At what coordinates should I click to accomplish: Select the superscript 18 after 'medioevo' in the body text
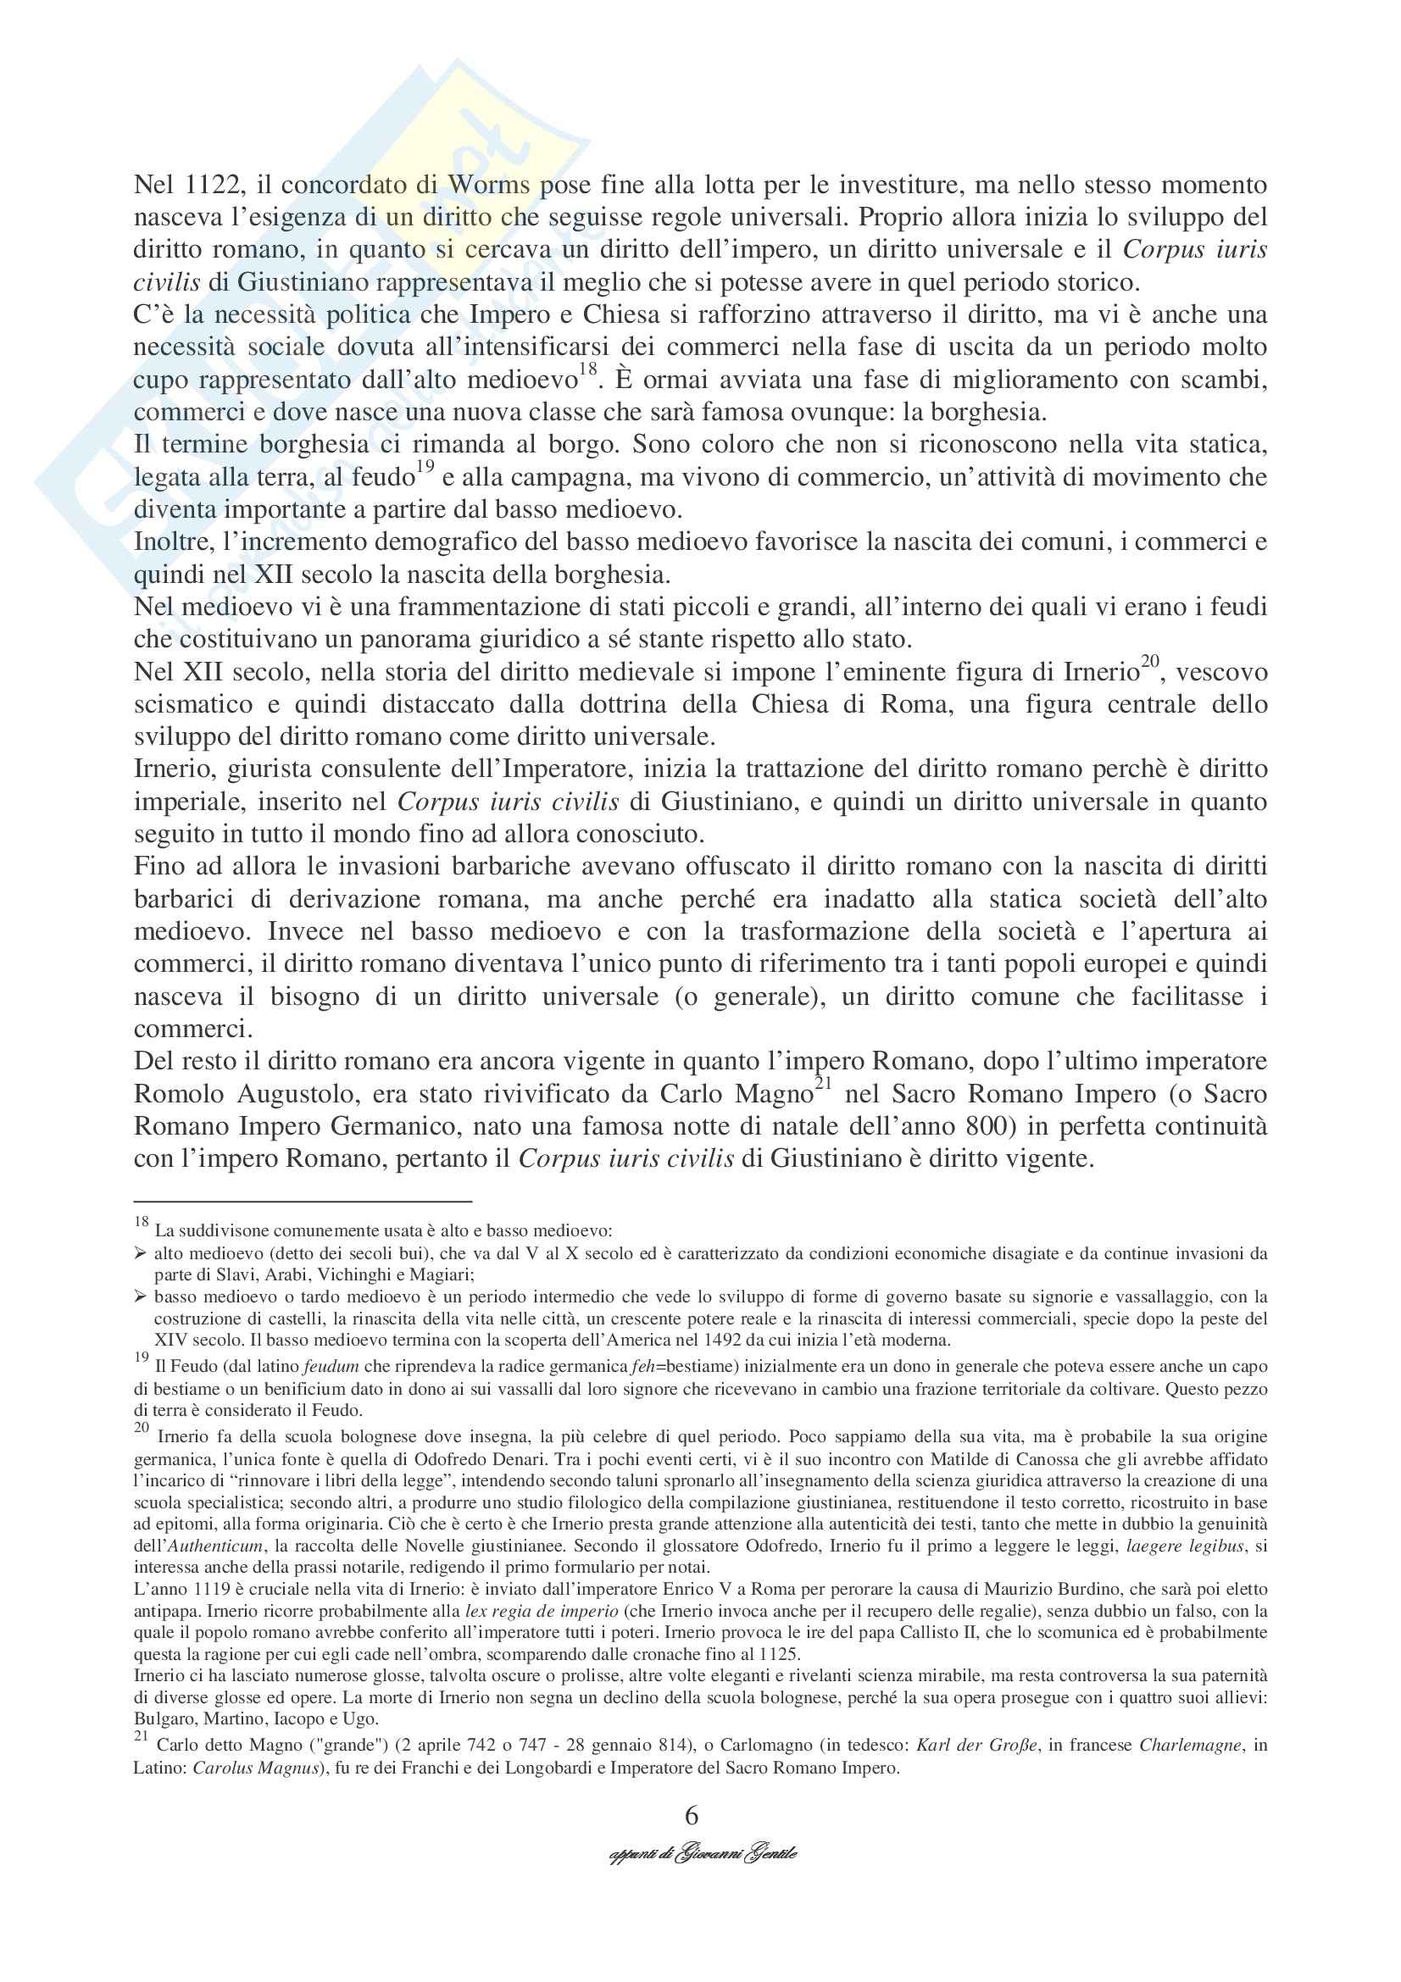click(588, 370)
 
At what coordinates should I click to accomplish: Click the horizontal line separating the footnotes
click(302, 1201)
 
